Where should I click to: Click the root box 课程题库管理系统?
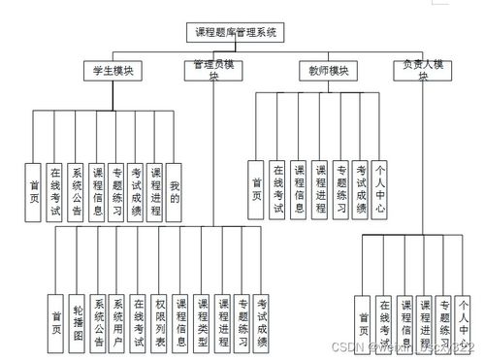click(236, 32)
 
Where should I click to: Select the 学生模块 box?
click(112, 70)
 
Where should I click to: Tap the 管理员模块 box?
click(212, 70)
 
